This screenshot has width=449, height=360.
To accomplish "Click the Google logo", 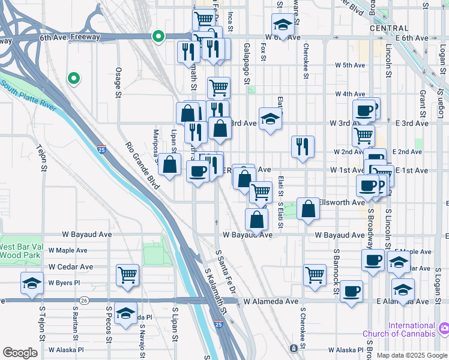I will coord(20,353).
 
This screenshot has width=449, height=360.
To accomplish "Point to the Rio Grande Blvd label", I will coord(143,166).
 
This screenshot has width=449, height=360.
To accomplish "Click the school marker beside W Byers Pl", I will coord(32,283).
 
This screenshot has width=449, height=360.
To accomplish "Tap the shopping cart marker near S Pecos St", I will coord(127,275).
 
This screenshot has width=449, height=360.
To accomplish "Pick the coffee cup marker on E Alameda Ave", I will coord(351,292).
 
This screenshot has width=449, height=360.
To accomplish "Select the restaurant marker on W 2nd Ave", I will coord(303,146).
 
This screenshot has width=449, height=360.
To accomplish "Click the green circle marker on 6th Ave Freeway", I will coord(158,37).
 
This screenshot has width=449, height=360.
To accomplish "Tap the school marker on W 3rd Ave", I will coord(270,118).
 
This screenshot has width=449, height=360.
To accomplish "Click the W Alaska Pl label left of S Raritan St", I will coord(66,349).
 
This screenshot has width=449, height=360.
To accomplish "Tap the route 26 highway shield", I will coord(83,300).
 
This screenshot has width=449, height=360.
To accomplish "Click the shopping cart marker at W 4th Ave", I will coord(219,88).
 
